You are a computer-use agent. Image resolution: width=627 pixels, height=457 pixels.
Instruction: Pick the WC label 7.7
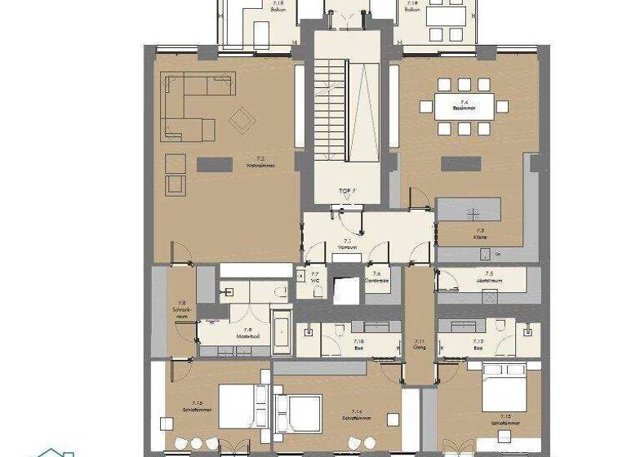pyautogui.click(x=314, y=278)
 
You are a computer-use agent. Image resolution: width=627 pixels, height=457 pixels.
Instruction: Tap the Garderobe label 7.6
pyautogui.click(x=376, y=278)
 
